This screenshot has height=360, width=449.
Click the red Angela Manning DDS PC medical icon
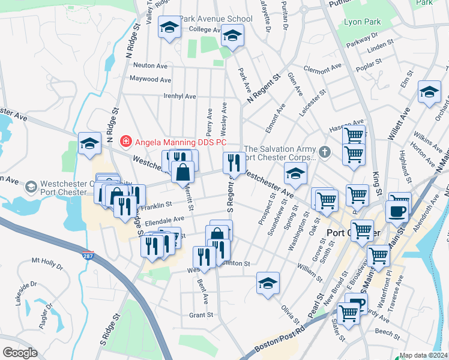(x=126, y=142)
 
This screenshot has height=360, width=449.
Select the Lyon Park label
(x=362, y=22)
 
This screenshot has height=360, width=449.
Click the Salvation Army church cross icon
(x=325, y=151)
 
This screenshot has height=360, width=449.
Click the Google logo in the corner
(x=20, y=353)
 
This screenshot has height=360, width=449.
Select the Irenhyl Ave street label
(x=179, y=96)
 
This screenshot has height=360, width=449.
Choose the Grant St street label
(x=201, y=315)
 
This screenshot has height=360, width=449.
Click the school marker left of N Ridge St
(x=89, y=143)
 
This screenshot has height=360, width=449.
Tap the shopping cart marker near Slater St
(x=349, y=313)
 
